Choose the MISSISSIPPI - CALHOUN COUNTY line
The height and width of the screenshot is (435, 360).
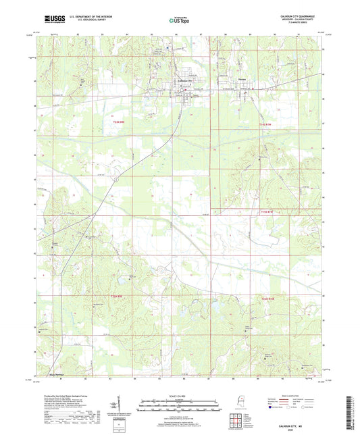302,20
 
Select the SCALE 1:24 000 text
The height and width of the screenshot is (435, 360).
179,396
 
